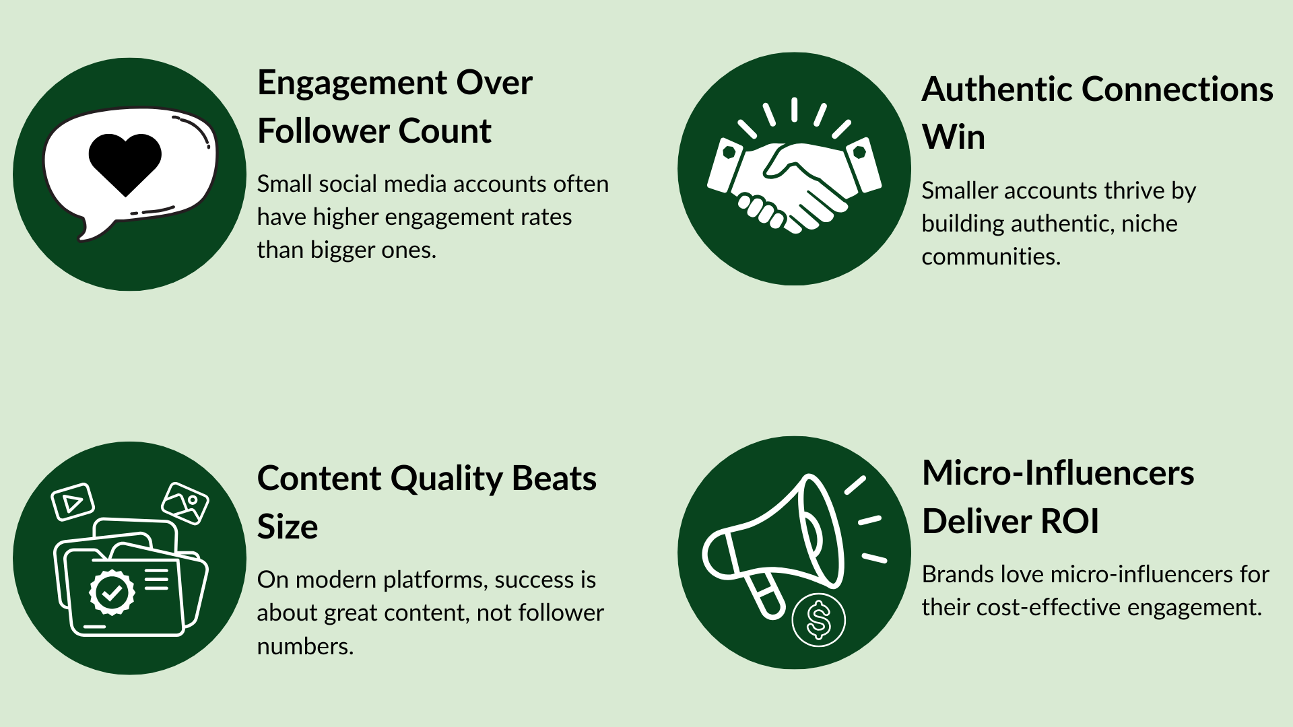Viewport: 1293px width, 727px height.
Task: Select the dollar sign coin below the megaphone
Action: (818, 619)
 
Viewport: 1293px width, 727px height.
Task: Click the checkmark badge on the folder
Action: (112, 592)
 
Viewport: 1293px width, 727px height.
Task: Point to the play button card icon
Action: (73, 501)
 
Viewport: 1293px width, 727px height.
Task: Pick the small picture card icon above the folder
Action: (185, 503)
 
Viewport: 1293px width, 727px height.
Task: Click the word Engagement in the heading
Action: (352, 84)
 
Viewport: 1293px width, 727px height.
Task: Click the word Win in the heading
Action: (954, 137)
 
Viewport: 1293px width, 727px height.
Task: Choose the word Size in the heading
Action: (288, 527)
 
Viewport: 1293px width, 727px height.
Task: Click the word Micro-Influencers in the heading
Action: (1058, 473)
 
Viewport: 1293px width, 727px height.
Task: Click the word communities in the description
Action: (991, 256)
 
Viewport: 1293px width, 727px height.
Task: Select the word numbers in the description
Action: (305, 647)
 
